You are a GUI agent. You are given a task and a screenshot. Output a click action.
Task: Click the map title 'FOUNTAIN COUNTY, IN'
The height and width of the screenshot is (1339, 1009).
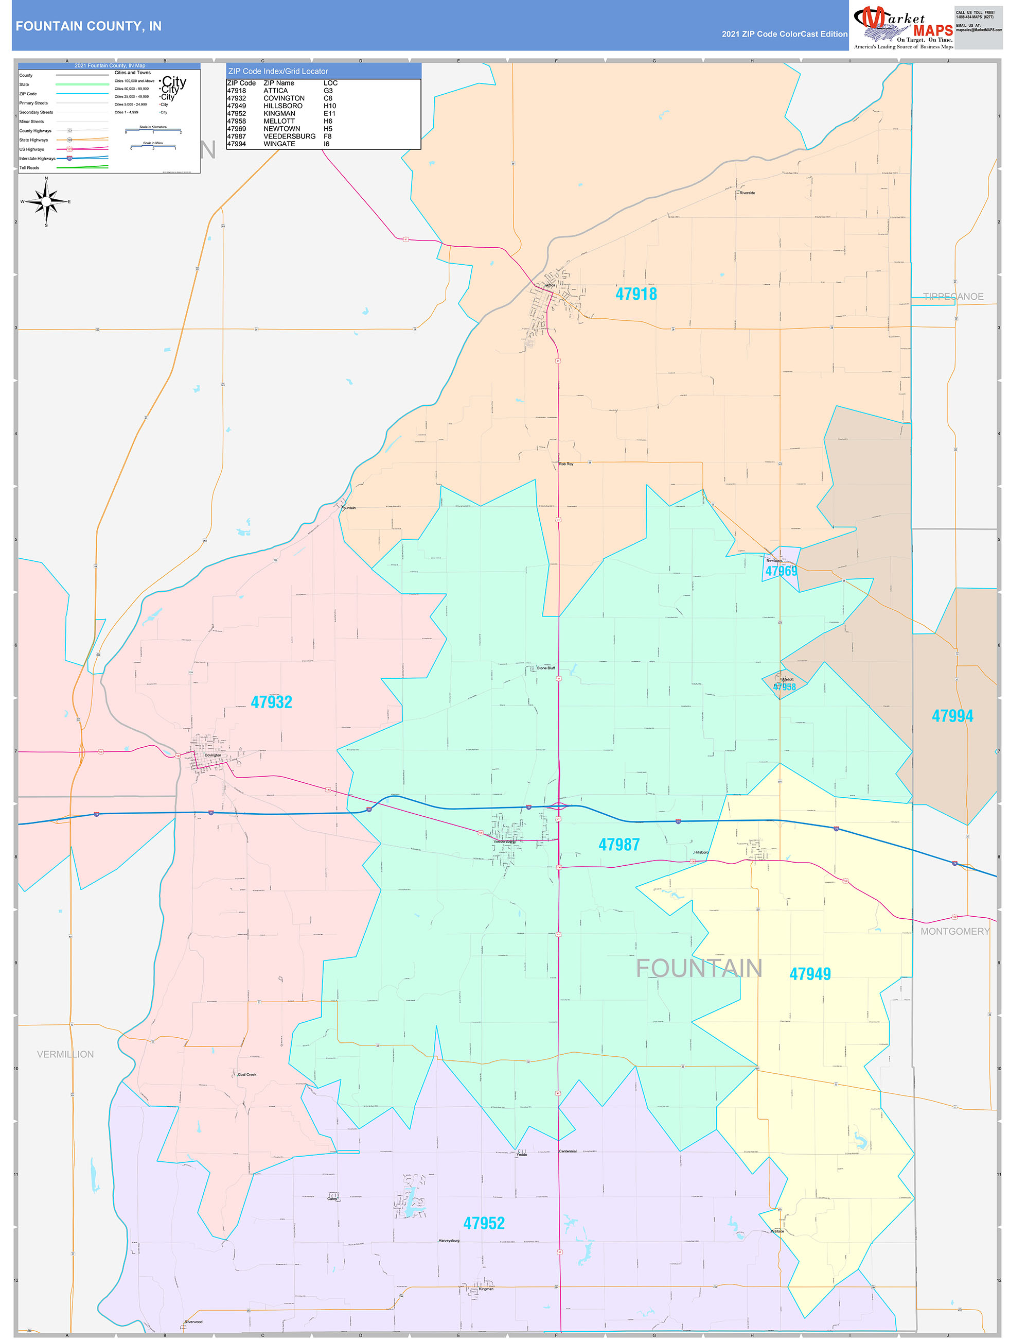click(x=88, y=26)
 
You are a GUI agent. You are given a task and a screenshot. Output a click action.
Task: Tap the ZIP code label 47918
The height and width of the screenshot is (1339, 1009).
click(x=636, y=294)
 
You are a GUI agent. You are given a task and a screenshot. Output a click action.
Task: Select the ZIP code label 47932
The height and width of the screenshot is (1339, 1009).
click(x=271, y=702)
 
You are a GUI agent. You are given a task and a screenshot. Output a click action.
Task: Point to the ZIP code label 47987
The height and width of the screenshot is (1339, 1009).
click(x=618, y=845)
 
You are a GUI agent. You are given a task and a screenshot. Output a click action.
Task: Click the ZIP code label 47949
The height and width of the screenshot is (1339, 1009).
click(x=809, y=974)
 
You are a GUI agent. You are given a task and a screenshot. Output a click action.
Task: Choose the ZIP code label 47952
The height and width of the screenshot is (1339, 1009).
click(x=483, y=1223)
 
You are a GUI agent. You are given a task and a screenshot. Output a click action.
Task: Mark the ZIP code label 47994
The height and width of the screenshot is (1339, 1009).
click(x=952, y=716)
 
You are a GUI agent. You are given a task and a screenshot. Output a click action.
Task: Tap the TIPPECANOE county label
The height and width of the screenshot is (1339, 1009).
click(x=953, y=297)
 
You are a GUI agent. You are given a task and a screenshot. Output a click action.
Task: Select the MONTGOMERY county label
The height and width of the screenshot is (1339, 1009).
click(x=954, y=932)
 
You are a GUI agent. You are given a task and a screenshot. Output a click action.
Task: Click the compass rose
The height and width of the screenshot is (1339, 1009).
click(x=46, y=201)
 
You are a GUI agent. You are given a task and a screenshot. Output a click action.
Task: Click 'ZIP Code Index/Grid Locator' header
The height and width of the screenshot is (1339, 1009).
click(x=278, y=72)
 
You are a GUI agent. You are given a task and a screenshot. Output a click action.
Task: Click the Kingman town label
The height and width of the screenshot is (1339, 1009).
click(x=486, y=1289)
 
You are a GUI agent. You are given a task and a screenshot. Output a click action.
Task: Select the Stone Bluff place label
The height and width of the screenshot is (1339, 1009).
click(x=545, y=668)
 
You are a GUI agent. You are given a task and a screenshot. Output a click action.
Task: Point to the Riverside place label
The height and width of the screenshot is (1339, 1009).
click(x=747, y=193)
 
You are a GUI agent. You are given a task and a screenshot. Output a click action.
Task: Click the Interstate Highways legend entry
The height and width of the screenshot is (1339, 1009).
click(x=38, y=159)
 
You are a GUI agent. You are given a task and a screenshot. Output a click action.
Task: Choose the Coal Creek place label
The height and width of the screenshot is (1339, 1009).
click(x=247, y=1074)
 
